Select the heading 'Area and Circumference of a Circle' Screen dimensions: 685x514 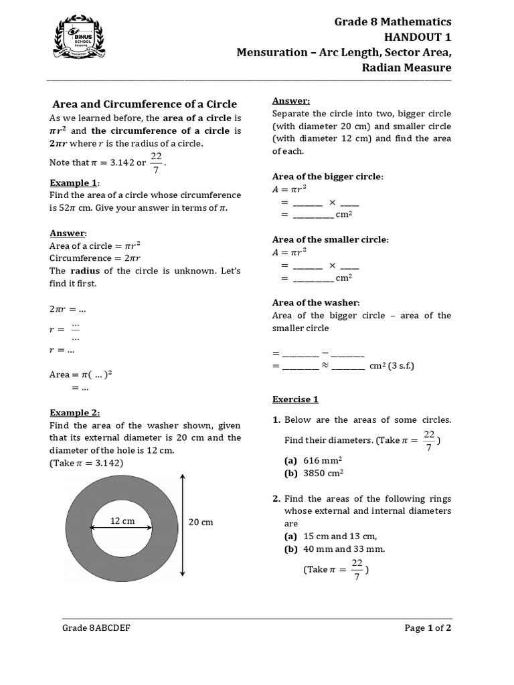pyautogui.click(x=145, y=104)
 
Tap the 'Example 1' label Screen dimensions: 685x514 pyautogui.click(x=74, y=183)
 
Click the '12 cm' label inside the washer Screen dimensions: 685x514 pyautogui.click(x=122, y=520)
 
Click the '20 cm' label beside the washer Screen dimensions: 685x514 pyautogui.click(x=201, y=522)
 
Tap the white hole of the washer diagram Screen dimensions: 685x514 pyautogui.click(x=122, y=535)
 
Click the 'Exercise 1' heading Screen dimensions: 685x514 pyautogui.click(x=295, y=399)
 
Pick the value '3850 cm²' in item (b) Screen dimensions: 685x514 pyautogui.click(x=323, y=473)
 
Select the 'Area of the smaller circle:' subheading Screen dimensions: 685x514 pyautogui.click(x=330, y=239)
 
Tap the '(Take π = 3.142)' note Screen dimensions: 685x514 pyautogui.click(x=86, y=463)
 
